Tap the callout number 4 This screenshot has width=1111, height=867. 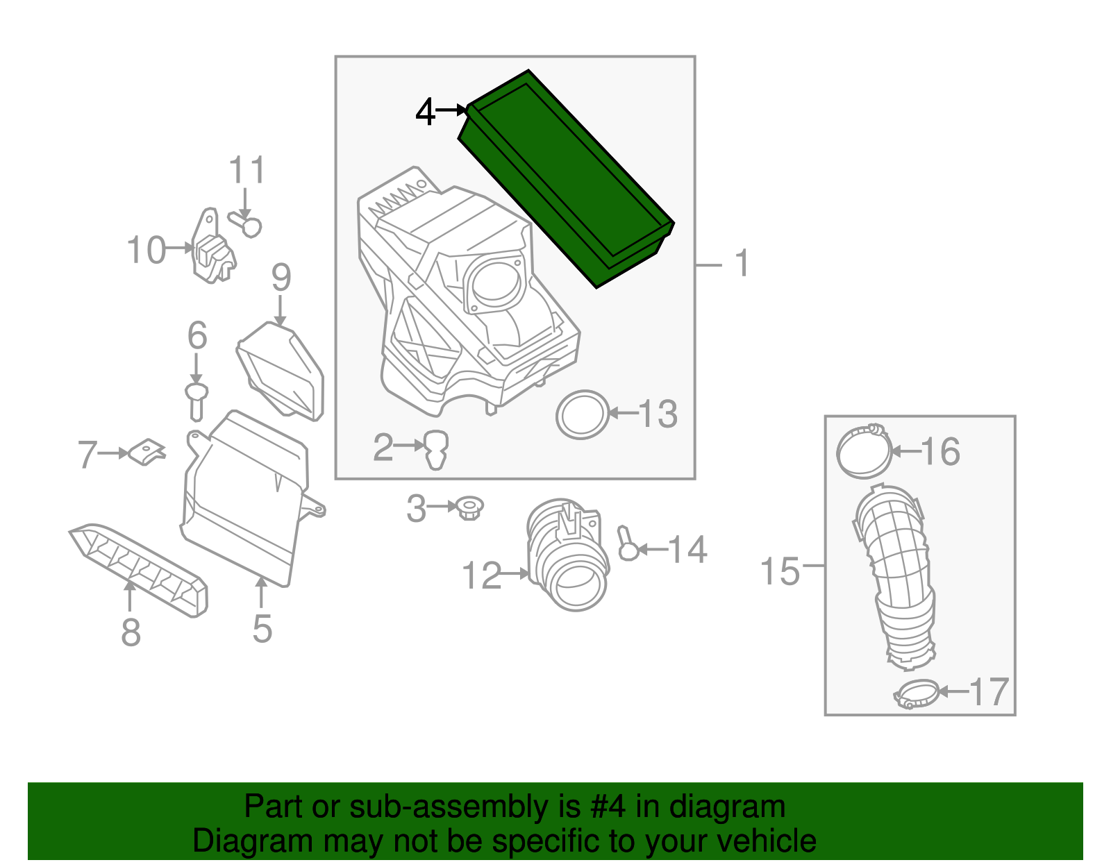coord(425,111)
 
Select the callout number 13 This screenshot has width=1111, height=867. coord(658,414)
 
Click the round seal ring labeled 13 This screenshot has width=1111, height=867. coord(583,414)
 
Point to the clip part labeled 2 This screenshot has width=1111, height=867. coord(436,449)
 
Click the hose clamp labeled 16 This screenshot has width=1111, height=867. coord(863,452)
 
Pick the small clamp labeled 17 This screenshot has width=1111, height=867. coord(916,693)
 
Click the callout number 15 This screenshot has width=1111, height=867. coord(780,571)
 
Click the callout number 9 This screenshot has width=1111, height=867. coord(281,278)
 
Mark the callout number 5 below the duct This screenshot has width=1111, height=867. coord(262,628)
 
